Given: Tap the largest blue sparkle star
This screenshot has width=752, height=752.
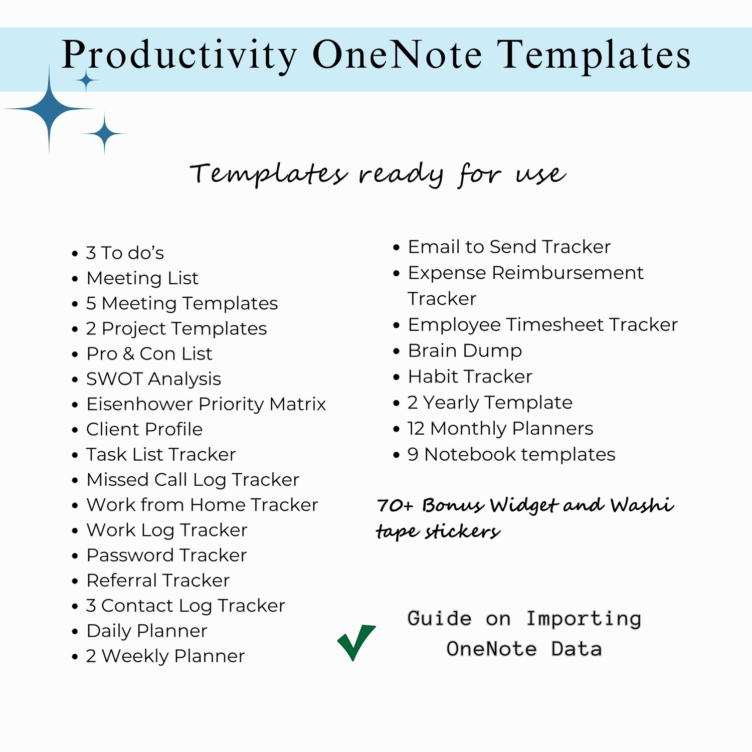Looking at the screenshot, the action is [x=49, y=108].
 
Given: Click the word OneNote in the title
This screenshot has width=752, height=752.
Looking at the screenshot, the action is [x=397, y=55].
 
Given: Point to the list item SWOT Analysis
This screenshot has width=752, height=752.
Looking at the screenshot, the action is [x=153, y=379].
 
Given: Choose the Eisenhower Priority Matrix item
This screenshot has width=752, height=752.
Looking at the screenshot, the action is [x=206, y=404].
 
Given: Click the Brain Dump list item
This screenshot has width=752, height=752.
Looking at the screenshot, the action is [x=465, y=350].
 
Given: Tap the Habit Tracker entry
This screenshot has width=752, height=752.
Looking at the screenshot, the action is [x=470, y=376].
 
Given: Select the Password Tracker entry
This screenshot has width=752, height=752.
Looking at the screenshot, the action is [x=166, y=555].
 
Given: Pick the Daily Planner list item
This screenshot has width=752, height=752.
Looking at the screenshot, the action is [x=146, y=631].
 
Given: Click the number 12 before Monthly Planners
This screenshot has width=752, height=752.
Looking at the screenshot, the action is [x=416, y=429].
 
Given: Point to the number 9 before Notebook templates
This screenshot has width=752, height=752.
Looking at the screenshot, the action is [x=413, y=454].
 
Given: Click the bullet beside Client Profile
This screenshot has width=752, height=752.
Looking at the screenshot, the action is [x=75, y=430].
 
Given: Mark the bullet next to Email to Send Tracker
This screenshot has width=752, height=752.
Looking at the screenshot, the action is [x=397, y=247].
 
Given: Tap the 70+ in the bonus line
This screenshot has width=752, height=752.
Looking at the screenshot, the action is [x=395, y=505].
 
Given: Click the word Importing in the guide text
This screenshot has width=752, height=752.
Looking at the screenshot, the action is [x=584, y=619].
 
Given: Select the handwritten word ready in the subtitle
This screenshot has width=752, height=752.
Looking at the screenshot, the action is [x=401, y=174].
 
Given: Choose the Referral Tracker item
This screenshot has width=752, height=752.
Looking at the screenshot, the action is [x=158, y=581].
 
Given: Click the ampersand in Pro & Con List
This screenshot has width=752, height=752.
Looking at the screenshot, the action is [x=128, y=353].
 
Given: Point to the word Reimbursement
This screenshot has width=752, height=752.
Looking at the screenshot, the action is [x=568, y=273].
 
